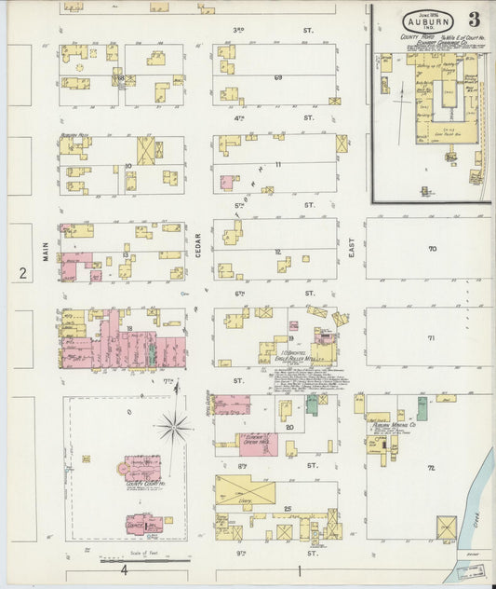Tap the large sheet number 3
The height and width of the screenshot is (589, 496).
[x=475, y=20]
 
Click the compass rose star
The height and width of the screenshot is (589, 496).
[x=174, y=428]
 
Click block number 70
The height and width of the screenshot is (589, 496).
[x=431, y=249]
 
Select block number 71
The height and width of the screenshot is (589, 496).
[x=431, y=337]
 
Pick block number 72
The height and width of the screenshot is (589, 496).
[x=431, y=466]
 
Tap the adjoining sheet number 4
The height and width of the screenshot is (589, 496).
[x=126, y=568]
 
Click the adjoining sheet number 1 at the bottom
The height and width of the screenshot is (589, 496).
[x=300, y=568]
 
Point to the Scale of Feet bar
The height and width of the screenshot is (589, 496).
[x=144, y=560]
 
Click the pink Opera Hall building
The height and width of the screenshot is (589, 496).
[x=258, y=444]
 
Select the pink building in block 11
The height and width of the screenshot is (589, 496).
[x=226, y=182]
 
